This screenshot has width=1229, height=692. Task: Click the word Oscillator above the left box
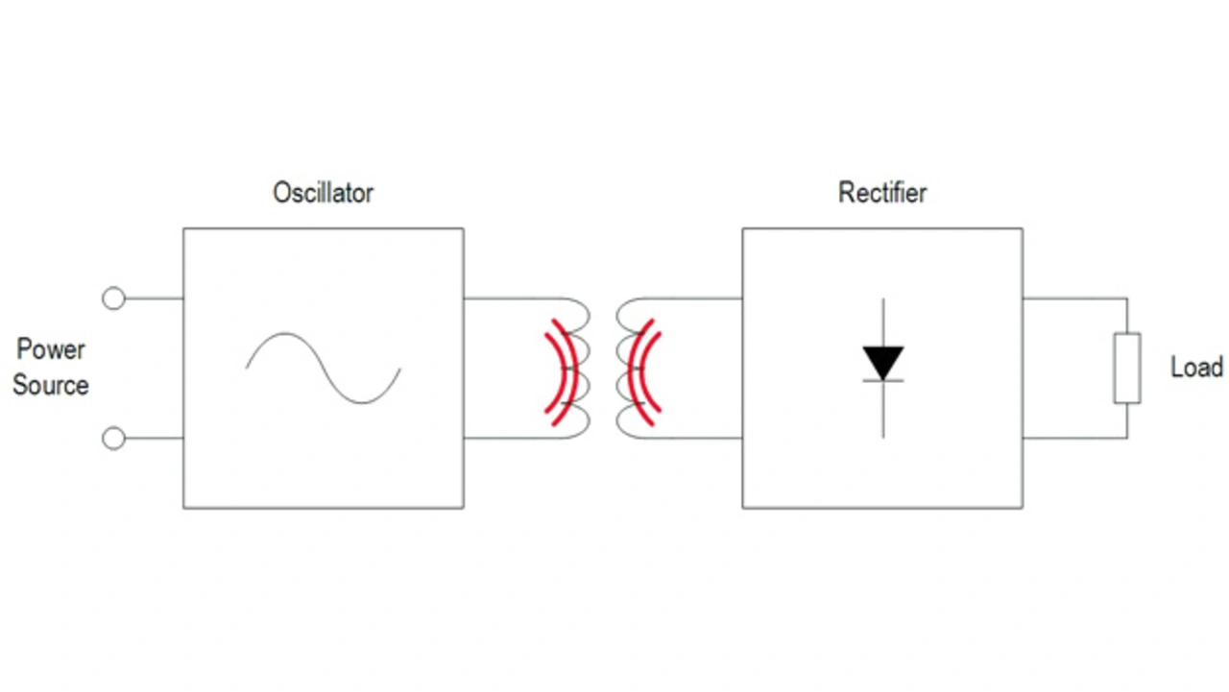click(x=323, y=193)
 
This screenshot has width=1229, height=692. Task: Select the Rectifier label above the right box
click(x=882, y=193)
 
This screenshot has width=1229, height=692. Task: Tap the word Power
click(x=51, y=349)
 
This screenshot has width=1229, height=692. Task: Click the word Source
click(x=51, y=386)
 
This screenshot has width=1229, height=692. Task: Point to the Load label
click(x=1196, y=368)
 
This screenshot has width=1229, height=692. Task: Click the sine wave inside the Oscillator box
click(x=323, y=368)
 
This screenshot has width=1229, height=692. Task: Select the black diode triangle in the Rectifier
click(x=882, y=363)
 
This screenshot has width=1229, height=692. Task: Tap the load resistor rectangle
click(x=1127, y=368)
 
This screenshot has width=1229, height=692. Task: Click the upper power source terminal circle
click(x=113, y=298)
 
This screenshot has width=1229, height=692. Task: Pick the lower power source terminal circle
click(x=113, y=439)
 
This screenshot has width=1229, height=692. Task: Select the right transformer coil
click(x=630, y=369)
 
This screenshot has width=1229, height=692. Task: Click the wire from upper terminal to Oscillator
click(x=154, y=298)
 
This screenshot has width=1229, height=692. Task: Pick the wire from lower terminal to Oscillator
click(x=154, y=439)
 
